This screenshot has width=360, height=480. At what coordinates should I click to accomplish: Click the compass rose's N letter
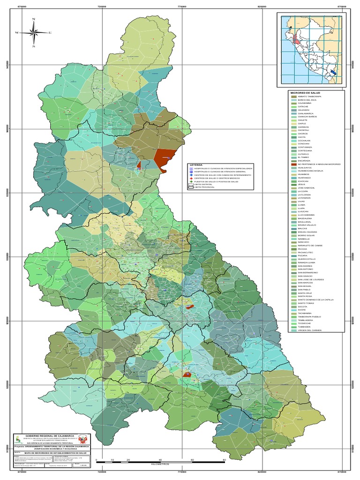tap(34, 20)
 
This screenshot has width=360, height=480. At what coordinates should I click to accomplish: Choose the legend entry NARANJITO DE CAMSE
tap(309, 246)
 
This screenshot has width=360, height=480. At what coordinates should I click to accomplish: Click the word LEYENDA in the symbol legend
tap(195, 165)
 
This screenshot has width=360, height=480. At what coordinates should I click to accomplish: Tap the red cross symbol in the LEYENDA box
tap(191, 178)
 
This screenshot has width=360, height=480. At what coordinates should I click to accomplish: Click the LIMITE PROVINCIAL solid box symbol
tap(191, 187)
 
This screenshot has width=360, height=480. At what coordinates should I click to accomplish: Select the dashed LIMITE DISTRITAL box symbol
tap(191, 184)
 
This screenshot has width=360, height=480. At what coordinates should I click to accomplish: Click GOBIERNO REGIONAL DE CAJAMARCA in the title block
tap(49, 435)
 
